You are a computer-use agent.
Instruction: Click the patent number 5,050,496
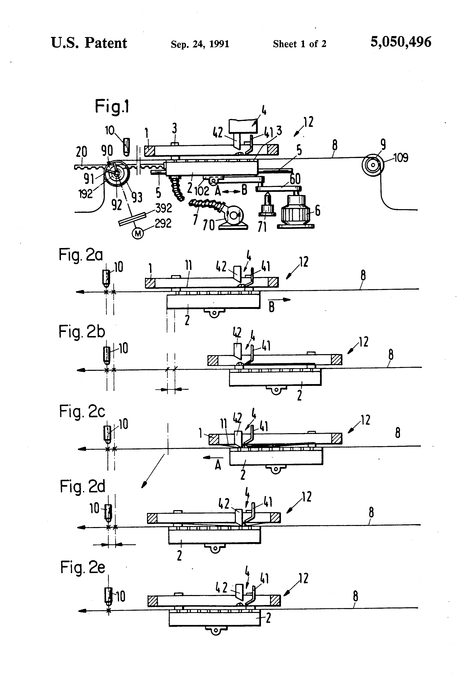click(401, 42)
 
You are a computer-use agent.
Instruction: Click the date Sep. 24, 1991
click(200, 44)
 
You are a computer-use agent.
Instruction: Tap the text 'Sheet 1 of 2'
click(299, 44)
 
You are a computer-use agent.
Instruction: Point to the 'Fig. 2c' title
click(82, 412)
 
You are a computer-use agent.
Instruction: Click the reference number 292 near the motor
click(163, 223)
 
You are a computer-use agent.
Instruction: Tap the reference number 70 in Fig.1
click(209, 225)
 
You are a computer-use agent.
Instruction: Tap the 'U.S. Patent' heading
click(89, 43)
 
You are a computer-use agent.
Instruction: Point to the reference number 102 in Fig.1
click(202, 191)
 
